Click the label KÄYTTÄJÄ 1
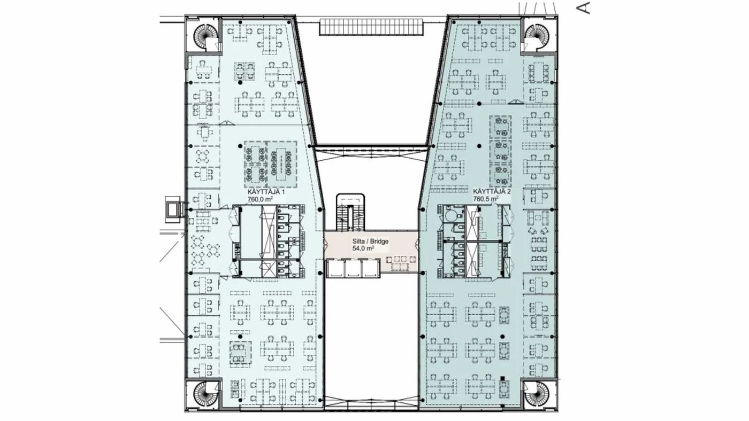point(266,192)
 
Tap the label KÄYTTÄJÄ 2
point(492,192)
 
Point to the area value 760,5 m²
point(486,199)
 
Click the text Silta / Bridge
point(370,241)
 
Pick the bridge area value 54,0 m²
point(363,248)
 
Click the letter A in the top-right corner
point(583,8)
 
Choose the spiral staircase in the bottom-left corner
point(204,394)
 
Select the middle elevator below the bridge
point(353,269)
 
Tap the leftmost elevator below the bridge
point(335,269)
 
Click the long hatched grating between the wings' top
point(371,27)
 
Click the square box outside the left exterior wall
point(173,209)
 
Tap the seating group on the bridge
point(401,263)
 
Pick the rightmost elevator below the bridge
point(371,269)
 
